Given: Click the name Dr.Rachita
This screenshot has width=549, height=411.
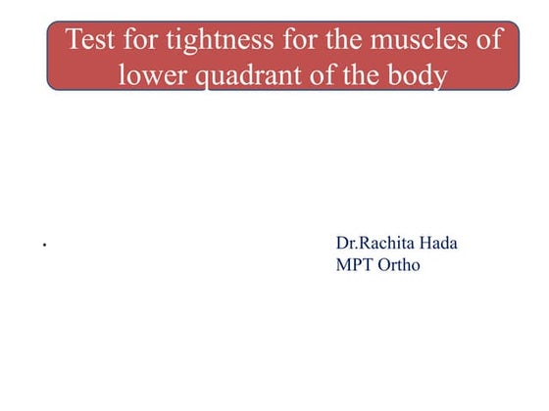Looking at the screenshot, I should pos(374,243).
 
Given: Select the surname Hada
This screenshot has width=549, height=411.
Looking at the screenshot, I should pos(438,243).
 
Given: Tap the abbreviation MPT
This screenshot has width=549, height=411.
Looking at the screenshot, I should pos(355,264).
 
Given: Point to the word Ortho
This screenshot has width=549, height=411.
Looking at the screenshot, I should pos(400,264).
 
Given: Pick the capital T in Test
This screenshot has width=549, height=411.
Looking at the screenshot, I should pos(72,41).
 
